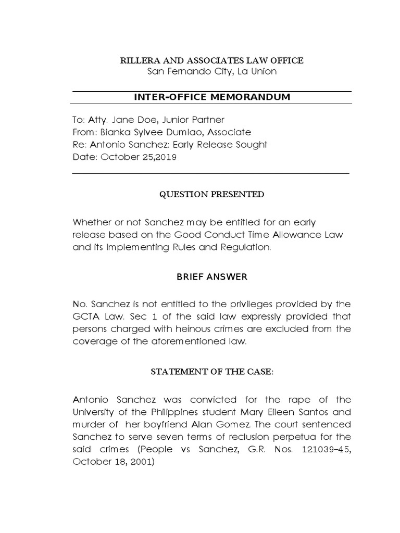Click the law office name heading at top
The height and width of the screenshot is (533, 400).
click(211, 61)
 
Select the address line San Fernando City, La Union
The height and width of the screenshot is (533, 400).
click(211, 71)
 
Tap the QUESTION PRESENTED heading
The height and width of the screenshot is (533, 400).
click(211, 195)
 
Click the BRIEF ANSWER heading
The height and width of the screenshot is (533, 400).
click(211, 277)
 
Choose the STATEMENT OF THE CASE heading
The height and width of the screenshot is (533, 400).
click(211, 372)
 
